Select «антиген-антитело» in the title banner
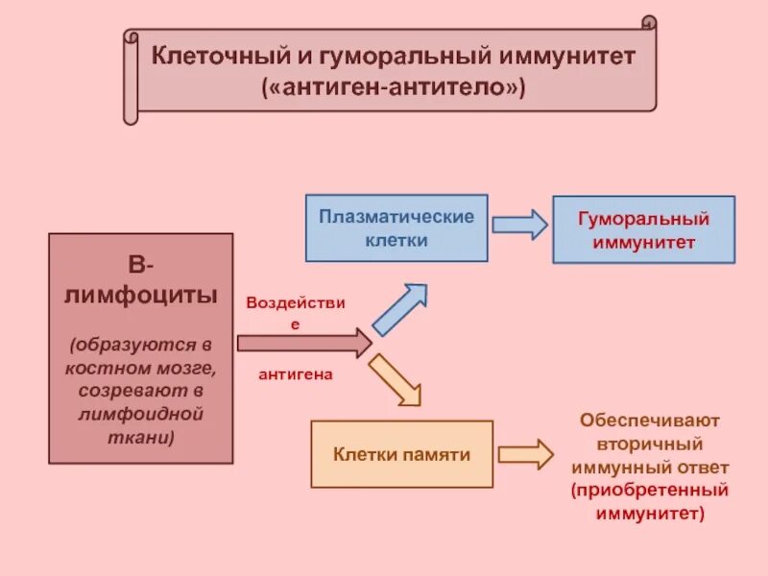coord(396,86)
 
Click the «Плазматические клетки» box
coord(396,228)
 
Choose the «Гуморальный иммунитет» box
coord(643,230)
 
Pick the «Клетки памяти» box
coord(401,454)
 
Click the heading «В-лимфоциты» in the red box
coord(141,279)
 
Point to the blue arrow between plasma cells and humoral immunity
coord(519,225)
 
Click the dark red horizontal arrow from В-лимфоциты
coord(303,343)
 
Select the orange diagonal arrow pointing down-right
coord(396,378)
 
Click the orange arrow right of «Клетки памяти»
coord(525,454)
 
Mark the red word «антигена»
coord(295,374)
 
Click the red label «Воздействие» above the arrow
coord(295,303)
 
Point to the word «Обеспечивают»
coord(650,421)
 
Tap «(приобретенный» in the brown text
coord(650,491)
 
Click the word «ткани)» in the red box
coord(141,437)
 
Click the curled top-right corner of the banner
coord(649,24)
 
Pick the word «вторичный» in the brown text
coord(650,444)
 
